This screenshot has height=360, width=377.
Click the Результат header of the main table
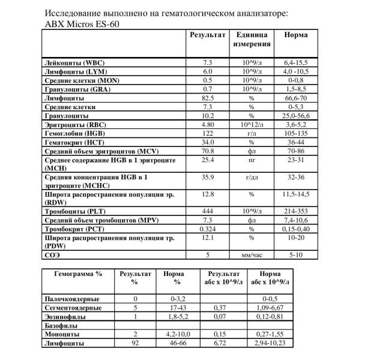208,35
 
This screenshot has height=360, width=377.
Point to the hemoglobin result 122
208,133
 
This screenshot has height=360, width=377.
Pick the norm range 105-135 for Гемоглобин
295,133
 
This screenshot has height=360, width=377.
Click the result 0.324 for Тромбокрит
208,229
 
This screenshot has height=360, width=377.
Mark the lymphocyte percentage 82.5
208,97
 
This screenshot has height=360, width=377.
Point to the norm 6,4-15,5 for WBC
295,62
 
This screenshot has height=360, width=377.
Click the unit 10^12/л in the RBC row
252,124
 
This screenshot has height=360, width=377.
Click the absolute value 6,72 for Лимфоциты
220,343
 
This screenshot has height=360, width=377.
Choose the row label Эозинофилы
66,316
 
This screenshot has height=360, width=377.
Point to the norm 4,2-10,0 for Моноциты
177,334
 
